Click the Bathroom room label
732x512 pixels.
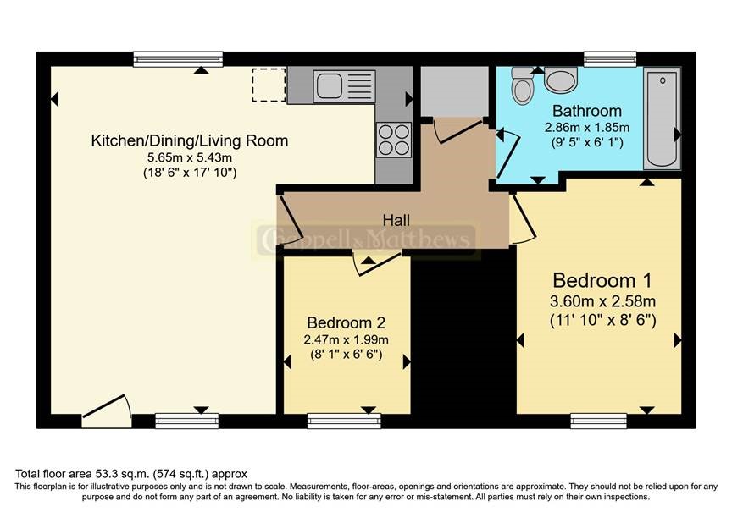point(587,111)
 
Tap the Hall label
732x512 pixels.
point(396,220)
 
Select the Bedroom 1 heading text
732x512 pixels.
point(602,281)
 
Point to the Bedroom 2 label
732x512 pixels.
point(346,322)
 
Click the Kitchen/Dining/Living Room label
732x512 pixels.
point(190,140)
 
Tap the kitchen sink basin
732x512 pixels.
point(330,85)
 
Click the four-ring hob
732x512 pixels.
point(394,140)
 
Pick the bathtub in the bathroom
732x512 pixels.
point(662,118)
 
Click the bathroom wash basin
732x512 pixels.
point(561,80)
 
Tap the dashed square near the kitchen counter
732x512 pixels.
point(269,85)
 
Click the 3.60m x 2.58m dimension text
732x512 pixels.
point(602,301)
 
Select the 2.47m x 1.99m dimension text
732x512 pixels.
point(346,339)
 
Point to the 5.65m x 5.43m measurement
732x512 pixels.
point(190,157)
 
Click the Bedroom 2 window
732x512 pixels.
point(344,421)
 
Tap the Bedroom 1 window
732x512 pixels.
point(598,421)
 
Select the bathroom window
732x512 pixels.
point(610,59)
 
